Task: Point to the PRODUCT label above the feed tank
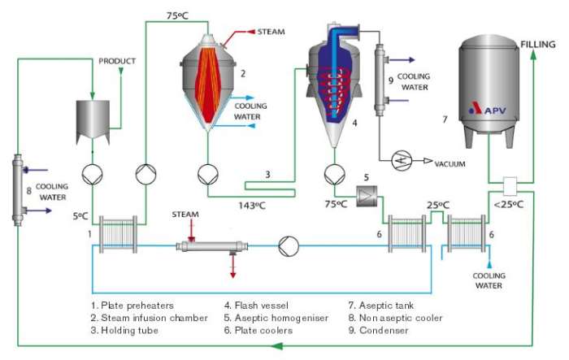click(116, 61)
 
